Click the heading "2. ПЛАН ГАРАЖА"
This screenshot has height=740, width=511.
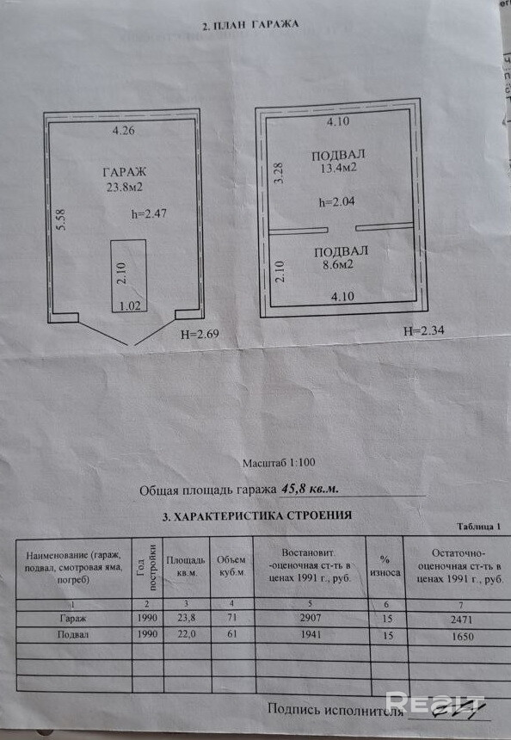click(x=250, y=25)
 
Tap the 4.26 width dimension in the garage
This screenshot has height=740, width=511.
click(x=123, y=130)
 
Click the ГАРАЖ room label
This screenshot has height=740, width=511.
click(x=125, y=171)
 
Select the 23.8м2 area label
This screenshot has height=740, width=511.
click(x=125, y=187)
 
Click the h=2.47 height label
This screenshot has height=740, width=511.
click(x=149, y=213)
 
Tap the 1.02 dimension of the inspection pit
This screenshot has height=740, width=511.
click(x=130, y=305)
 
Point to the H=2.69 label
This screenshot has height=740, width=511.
click(x=200, y=334)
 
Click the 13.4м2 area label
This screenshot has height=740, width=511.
click(x=338, y=168)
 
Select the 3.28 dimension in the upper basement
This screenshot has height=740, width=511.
click(x=279, y=173)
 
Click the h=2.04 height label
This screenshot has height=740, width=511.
click(x=337, y=202)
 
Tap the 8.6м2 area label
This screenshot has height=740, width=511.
click(x=338, y=265)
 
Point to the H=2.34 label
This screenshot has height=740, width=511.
click(x=424, y=330)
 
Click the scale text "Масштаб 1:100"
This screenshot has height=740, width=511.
click(x=279, y=463)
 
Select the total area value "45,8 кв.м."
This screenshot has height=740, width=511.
click(x=310, y=489)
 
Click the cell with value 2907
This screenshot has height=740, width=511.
click(x=311, y=618)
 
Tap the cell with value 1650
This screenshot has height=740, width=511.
click(x=462, y=637)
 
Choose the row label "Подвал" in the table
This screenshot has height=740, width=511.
click(x=73, y=634)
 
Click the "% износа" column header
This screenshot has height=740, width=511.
click(x=385, y=566)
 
